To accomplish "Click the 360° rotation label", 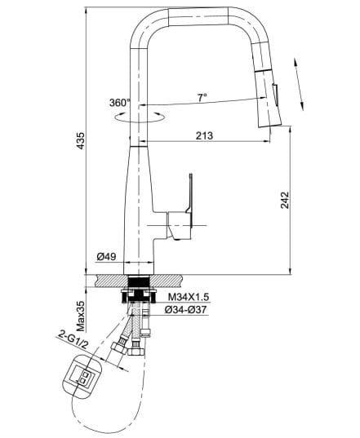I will [119, 103].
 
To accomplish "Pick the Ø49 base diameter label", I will [107, 257].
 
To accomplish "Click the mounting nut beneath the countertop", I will [143, 292].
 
